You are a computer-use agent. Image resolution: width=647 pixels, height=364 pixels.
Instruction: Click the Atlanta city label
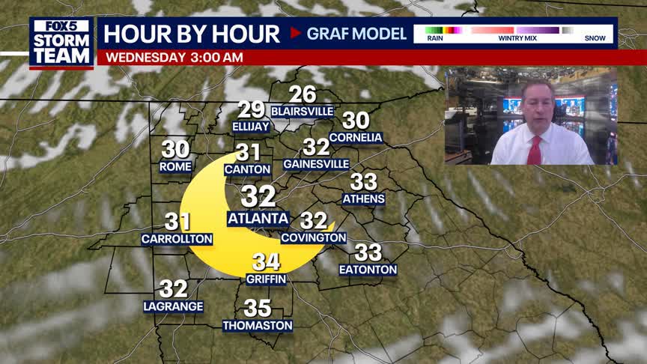(258, 219)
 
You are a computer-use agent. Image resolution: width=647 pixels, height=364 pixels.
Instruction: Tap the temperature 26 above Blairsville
(303, 94)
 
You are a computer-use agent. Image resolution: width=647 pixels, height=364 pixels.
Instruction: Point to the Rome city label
(176, 166)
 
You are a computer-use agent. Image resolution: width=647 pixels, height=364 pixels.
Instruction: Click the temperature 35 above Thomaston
(258, 308)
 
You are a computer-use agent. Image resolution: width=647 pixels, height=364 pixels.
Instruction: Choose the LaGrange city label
(174, 306)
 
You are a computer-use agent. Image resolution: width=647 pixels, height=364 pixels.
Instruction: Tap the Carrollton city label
(177, 239)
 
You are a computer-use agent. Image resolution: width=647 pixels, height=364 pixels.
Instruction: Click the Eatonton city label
(368, 270)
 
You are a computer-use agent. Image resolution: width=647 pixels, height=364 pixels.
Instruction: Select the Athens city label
(363, 199)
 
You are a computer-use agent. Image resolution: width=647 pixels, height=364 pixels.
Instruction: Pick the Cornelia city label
(356, 138)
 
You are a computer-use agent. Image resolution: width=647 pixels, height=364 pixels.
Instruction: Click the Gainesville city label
(316, 164)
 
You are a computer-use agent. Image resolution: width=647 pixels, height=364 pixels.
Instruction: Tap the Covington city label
(314, 237)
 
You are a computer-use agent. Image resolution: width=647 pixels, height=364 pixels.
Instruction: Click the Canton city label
(247, 170)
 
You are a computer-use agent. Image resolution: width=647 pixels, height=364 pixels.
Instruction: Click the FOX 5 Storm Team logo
(61, 41)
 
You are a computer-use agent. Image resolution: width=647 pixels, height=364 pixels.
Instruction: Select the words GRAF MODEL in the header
(356, 34)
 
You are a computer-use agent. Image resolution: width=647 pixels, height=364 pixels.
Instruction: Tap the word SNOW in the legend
(595, 39)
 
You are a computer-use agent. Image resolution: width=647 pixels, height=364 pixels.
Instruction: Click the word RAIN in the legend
(435, 39)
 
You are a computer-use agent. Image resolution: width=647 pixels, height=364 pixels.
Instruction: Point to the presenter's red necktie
(534, 150)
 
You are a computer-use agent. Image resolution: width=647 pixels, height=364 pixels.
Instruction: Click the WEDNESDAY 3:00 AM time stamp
(174, 57)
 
